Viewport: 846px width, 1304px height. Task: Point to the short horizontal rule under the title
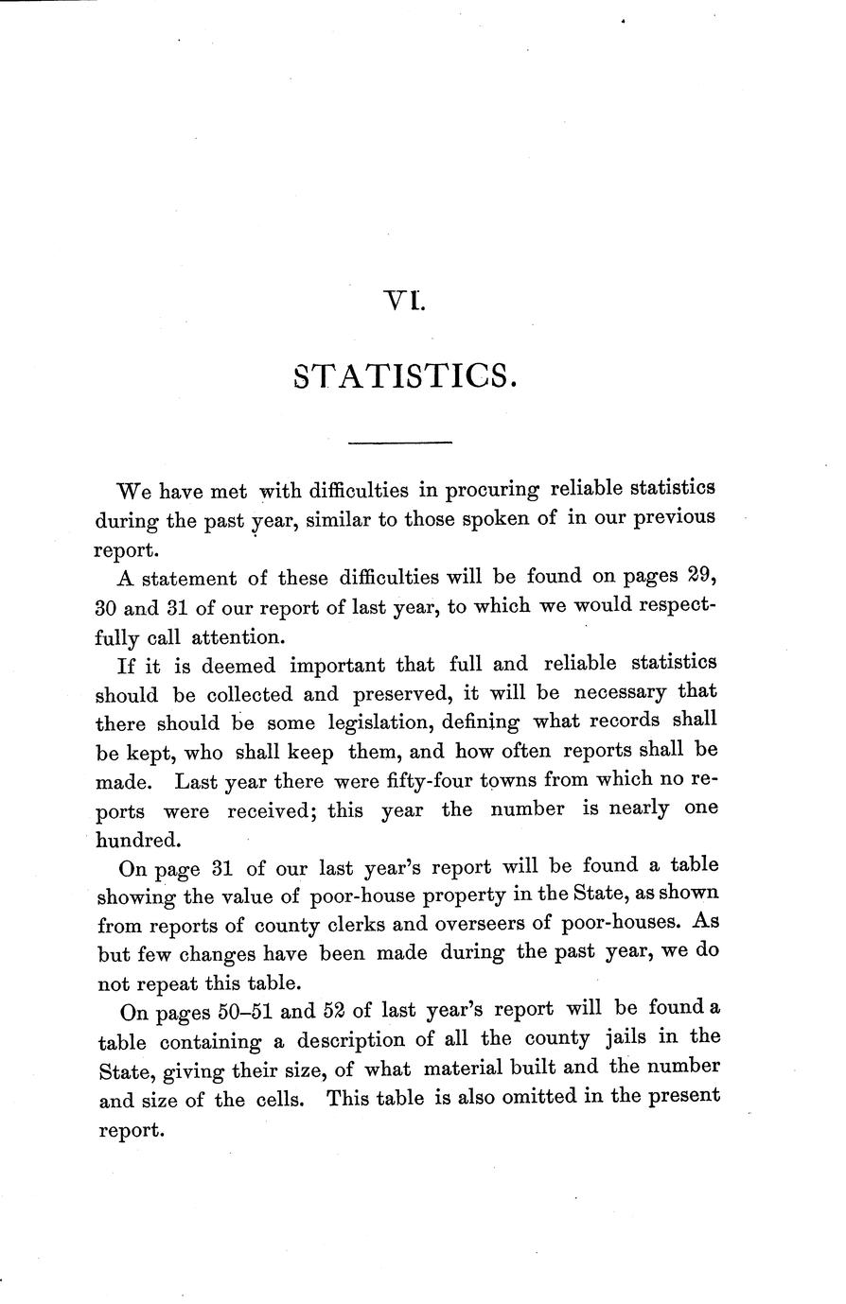coord(401,442)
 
